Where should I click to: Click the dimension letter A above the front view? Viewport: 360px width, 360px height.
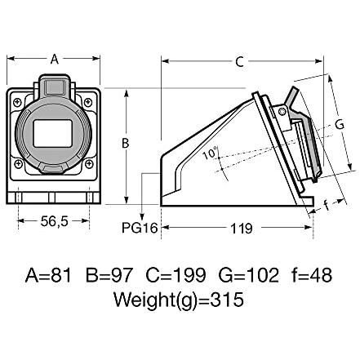(55, 59)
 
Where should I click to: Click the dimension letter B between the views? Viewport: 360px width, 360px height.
(125, 143)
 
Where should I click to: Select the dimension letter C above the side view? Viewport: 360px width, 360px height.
(239, 62)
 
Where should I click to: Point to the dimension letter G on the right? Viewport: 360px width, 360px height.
(340, 125)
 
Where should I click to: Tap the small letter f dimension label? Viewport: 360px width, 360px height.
(327, 205)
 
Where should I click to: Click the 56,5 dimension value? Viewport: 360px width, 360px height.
(55, 221)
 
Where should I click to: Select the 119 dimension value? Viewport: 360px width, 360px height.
(242, 229)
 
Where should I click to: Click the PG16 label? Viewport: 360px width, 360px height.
(140, 228)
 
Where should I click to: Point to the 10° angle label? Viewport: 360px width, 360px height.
(211, 153)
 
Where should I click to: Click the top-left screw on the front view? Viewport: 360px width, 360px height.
(17, 103)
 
